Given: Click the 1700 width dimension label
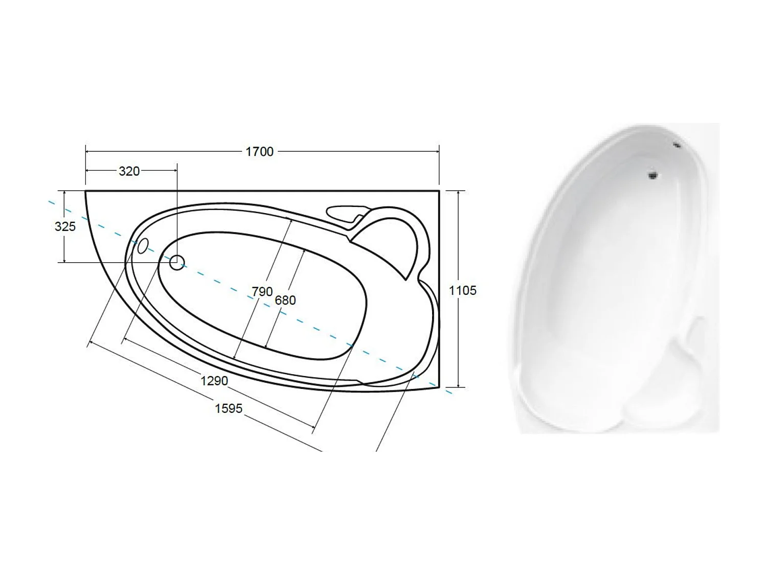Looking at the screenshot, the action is coord(259,152).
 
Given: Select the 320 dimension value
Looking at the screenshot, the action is coord(129,171).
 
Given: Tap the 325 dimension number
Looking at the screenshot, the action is coord(65,226).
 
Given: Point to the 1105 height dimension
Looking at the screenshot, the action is coord(462,290).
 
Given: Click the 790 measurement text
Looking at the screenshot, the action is coord(262,291).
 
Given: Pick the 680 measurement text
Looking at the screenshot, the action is coord(285,300).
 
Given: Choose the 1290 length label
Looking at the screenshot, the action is coord(214,381).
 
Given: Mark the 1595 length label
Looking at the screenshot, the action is coord(229,408).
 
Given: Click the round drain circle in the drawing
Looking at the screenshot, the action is coord(177,262).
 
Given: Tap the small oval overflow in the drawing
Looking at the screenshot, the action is coord(143,246).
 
